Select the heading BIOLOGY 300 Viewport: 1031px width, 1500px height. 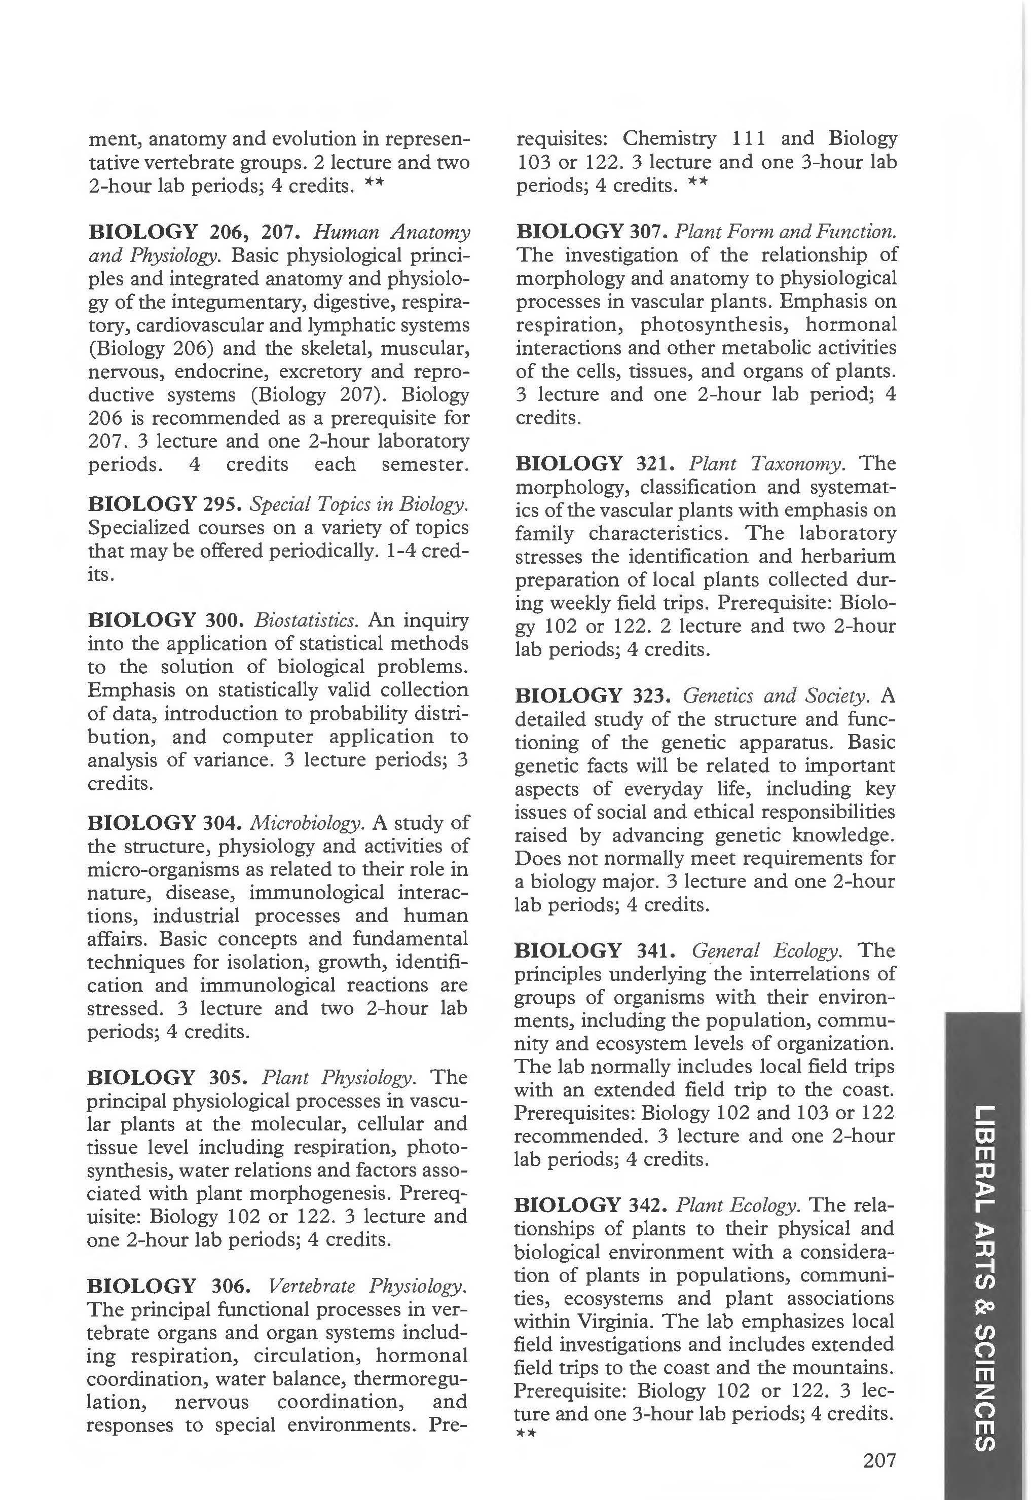click(x=166, y=620)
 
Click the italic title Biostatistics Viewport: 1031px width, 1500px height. click(x=306, y=620)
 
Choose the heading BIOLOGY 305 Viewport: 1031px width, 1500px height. click(x=167, y=1078)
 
